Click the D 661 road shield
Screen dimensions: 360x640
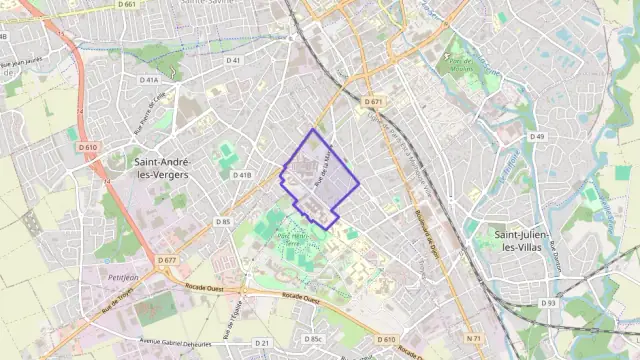[x=126, y=5]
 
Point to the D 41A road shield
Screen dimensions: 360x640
[x=149, y=79]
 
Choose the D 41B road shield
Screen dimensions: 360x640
[x=242, y=175]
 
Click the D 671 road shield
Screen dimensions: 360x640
[x=373, y=102]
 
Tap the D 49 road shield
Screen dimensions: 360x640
[x=537, y=137]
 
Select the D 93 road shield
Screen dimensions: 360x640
[x=548, y=303]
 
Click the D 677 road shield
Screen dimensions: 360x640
[x=166, y=260]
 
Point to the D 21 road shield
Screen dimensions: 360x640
[x=262, y=343]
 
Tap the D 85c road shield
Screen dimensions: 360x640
[x=315, y=340]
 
